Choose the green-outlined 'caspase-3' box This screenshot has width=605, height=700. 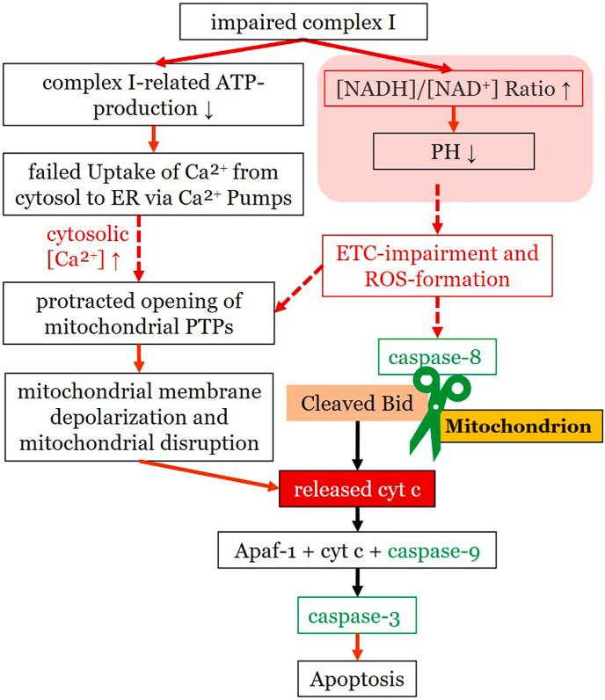point(356,619)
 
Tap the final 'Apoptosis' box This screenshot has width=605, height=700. point(356,680)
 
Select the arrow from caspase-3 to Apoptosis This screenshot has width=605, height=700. point(356,649)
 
